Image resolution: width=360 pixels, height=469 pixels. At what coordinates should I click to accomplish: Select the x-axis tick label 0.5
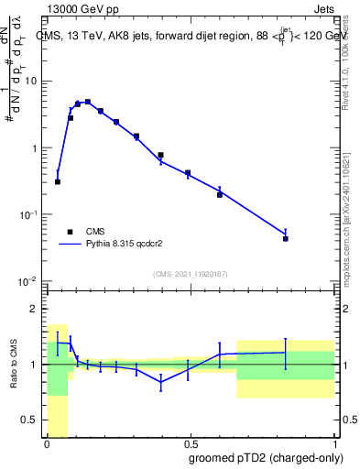pyautogui.click(x=190, y=443)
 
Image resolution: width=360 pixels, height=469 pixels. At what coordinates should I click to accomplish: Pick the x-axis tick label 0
pyautogui.click(x=47, y=443)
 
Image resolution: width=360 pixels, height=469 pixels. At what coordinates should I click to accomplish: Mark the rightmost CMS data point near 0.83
pyautogui.click(x=286, y=238)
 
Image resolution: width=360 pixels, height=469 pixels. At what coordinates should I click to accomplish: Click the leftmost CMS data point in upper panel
pyautogui.click(x=58, y=181)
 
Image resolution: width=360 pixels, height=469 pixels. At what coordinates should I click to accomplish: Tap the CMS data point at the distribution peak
pyautogui.click(x=88, y=102)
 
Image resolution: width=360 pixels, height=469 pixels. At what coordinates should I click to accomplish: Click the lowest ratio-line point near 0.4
pyautogui.click(x=161, y=383)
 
